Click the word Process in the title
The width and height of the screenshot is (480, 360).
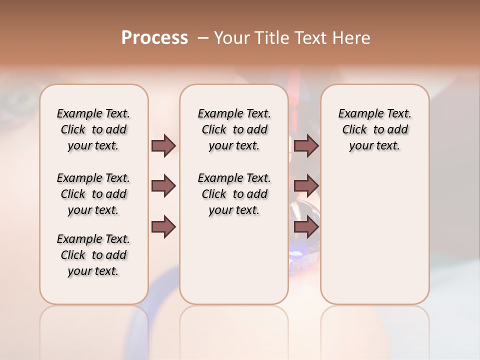click(x=154, y=38)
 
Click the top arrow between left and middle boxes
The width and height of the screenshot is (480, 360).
click(x=163, y=145)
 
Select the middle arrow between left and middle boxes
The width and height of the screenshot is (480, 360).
click(x=163, y=186)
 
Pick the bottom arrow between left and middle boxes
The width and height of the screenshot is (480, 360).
click(x=163, y=227)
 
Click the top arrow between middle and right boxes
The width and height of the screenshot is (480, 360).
click(x=306, y=145)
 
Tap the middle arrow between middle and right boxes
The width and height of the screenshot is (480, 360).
click(x=306, y=186)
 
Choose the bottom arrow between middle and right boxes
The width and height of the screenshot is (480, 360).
click(x=306, y=227)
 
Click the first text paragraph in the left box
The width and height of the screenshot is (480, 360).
click(x=93, y=129)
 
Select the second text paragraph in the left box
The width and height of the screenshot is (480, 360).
click(x=93, y=194)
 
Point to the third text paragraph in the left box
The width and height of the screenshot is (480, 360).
click(x=93, y=255)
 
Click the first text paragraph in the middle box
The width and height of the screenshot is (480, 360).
click(x=234, y=129)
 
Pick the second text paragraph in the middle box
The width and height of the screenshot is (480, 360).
click(x=234, y=194)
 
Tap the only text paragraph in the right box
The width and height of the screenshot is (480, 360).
click(x=374, y=129)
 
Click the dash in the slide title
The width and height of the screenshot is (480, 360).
click(x=203, y=38)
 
